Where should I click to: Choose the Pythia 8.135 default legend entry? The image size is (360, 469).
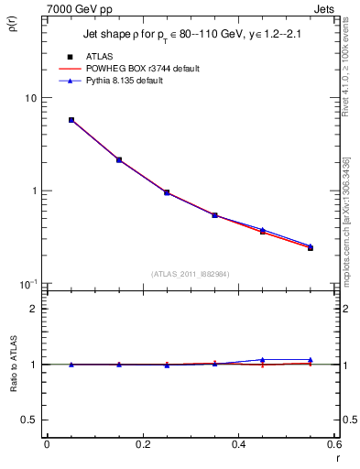click(136, 81)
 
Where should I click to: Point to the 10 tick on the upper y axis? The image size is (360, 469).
click(30, 98)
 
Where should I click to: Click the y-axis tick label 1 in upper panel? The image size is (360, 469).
click(34, 191)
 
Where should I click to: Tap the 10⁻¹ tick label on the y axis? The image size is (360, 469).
click(29, 284)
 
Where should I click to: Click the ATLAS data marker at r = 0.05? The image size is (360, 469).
click(71, 120)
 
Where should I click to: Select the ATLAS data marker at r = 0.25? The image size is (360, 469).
click(167, 192)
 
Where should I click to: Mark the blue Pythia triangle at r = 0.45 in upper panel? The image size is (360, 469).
click(263, 230)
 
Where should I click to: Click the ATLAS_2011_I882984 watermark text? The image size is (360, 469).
click(190, 273)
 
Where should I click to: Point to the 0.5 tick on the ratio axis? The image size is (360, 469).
click(29, 420)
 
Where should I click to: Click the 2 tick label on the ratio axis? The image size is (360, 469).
click(34, 309)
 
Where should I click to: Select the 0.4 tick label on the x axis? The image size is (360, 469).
click(238, 444)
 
